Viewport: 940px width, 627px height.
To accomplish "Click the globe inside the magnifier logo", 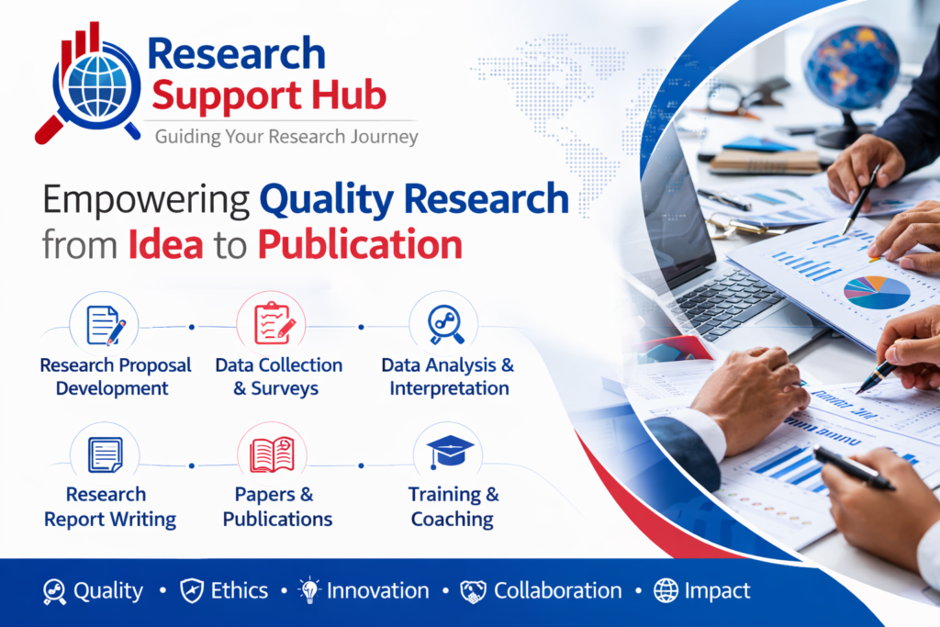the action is tap(97, 85).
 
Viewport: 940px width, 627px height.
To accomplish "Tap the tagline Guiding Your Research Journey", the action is tap(286, 138).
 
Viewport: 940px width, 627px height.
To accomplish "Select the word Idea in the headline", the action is tap(165, 244).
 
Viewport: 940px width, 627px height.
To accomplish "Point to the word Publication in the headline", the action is tap(360, 244).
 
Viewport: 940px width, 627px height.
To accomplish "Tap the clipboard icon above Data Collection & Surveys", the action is tap(274, 324).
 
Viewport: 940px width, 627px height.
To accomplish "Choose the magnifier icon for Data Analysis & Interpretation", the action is tap(445, 324).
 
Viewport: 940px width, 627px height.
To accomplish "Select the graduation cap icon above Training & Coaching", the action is tap(450, 452).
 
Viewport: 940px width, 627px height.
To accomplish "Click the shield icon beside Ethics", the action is tap(192, 591).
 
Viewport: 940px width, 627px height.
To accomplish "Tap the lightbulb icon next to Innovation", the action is tap(309, 590).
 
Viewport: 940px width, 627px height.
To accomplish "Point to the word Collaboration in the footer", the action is tap(557, 591).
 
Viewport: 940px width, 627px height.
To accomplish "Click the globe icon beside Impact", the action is tap(666, 591).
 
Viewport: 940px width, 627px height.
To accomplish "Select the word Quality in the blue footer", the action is tap(108, 591).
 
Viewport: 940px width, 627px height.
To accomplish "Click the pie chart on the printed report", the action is tap(877, 293).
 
